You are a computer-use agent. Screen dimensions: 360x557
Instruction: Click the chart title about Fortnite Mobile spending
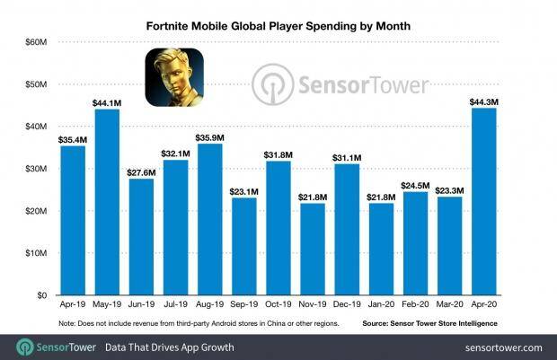(x=278, y=25)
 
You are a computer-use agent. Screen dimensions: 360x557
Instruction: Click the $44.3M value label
(x=483, y=101)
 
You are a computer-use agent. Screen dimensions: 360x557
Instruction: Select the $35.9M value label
(x=209, y=137)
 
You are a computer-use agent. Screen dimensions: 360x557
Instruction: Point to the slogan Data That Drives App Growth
(x=172, y=347)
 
